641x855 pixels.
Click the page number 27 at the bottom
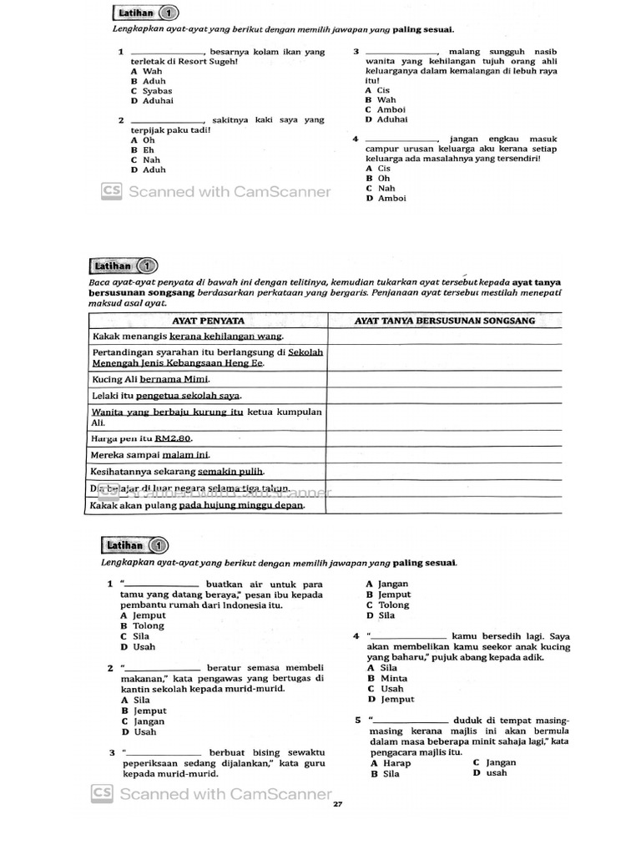point(337,804)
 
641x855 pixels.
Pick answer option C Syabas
point(152,91)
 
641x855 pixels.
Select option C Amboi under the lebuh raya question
point(386,109)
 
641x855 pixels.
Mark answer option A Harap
point(391,763)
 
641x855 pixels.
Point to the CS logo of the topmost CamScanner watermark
point(112,192)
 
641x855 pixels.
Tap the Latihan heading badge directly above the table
point(123,266)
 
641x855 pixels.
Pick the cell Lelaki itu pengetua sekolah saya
point(166,395)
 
